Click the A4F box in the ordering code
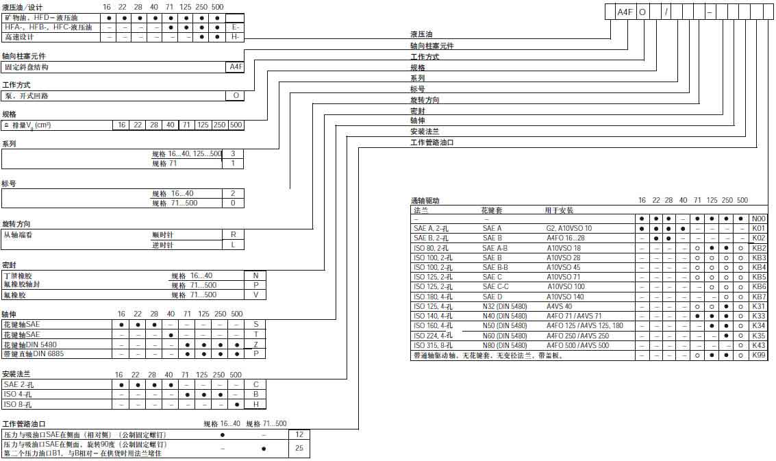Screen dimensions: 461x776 pos(625,12)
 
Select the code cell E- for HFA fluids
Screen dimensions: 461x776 pos(235,27)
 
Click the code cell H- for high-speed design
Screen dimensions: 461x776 pos(235,37)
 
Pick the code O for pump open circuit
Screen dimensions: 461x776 pos(235,96)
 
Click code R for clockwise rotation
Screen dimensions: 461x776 pos(234,234)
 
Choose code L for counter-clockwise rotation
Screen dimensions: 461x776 pos(234,245)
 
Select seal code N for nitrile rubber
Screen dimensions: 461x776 pos(255,275)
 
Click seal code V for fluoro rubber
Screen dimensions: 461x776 pos(255,295)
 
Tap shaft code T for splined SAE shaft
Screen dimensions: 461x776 pos(255,334)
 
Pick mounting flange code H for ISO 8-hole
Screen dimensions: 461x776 pos(255,404)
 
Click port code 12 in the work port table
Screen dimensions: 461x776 pos(299,434)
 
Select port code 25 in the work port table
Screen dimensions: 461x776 pos(299,449)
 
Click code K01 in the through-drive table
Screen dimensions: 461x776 pos(759,228)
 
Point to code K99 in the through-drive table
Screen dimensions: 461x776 pos(759,356)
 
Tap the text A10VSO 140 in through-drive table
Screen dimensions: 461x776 pos(565,297)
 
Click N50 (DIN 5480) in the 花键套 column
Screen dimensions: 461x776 pos(504,326)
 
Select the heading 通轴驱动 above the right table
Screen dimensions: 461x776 pos(425,201)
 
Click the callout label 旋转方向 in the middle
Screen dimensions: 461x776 pos(425,100)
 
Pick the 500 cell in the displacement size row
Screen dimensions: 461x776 pos(236,125)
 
